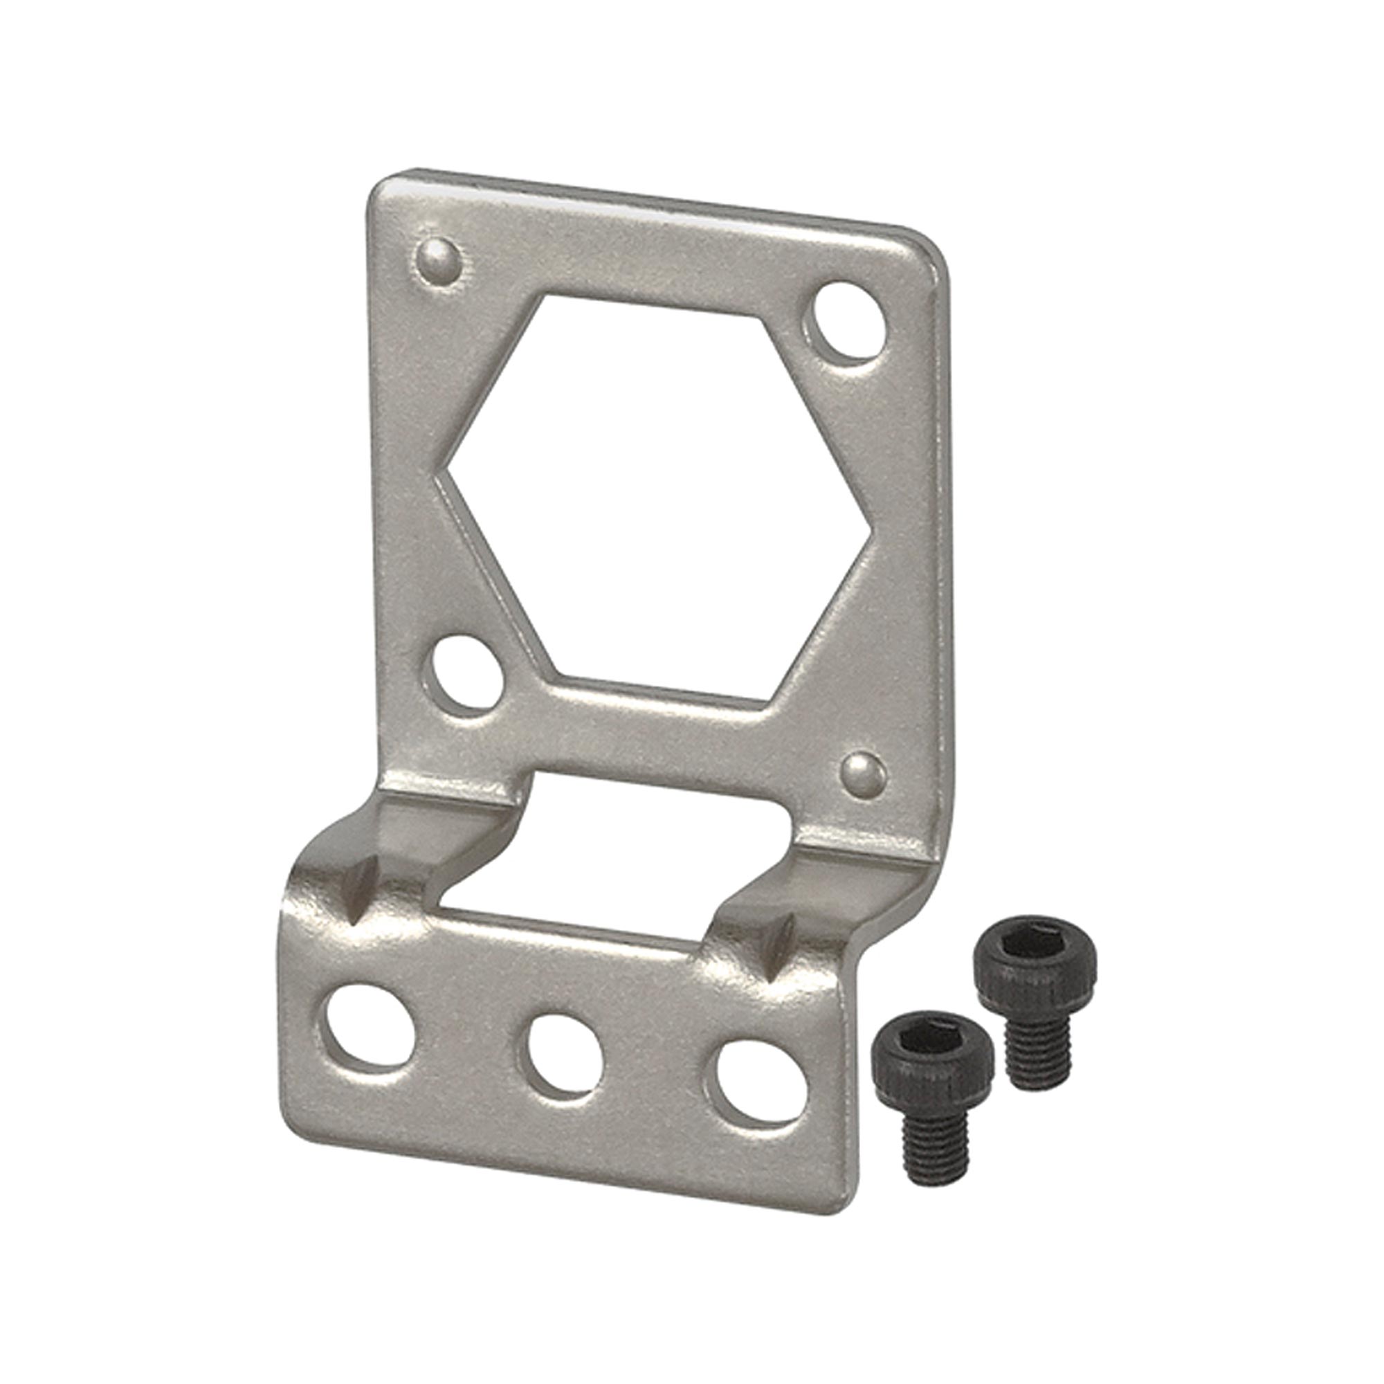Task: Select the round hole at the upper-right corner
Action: [x=850, y=319]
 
